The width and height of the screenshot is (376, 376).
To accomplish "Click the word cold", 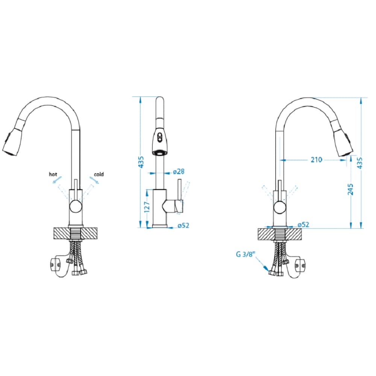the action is click(x=99, y=174).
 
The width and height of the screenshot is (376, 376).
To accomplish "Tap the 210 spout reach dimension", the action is click(x=316, y=159).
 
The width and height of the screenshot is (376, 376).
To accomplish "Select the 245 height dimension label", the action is click(x=350, y=189).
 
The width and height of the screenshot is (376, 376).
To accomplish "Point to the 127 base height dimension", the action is click(x=147, y=206).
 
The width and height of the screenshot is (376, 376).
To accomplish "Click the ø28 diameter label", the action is click(x=179, y=171).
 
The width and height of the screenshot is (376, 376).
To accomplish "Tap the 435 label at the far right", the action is click(x=359, y=163).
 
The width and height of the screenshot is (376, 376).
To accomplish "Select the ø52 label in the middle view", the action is click(x=183, y=225).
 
